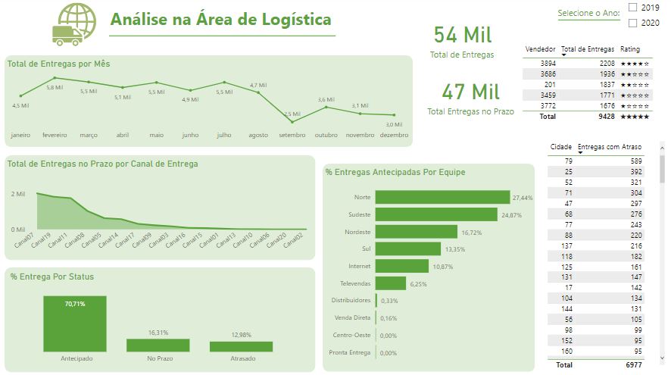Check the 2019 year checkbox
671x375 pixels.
(632, 8)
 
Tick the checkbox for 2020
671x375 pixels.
(632, 23)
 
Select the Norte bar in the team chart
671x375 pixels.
(442, 197)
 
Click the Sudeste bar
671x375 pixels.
(437, 214)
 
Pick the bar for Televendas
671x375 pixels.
(390, 283)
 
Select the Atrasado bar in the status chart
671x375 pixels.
(241, 346)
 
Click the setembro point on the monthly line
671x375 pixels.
(292, 121)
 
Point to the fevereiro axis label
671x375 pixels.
(55, 135)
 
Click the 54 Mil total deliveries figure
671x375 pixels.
(463, 35)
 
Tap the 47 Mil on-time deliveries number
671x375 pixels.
(470, 92)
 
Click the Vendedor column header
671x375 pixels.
(540, 49)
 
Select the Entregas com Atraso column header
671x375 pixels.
(610, 146)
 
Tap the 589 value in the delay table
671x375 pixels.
(635, 161)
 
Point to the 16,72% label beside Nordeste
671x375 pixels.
(471, 232)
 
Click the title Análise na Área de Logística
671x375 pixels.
(220, 20)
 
